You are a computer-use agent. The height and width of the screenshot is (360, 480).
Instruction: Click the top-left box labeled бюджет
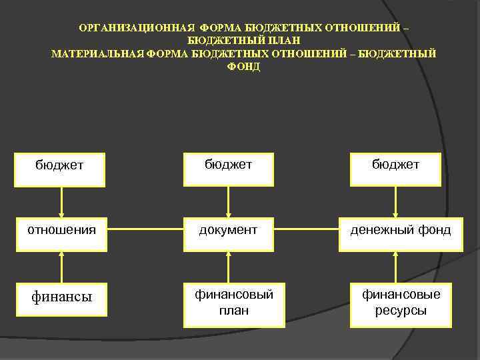[61, 164]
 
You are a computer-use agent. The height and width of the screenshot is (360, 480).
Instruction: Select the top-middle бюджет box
[229, 164]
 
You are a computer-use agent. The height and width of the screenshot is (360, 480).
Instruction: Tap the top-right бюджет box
[396, 164]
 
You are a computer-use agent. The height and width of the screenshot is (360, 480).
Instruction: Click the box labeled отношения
[61, 230]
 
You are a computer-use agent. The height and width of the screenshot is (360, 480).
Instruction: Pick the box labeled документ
[229, 230]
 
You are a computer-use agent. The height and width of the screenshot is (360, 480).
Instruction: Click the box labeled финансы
[61, 297]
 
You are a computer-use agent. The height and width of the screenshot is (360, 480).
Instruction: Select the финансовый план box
[229, 303]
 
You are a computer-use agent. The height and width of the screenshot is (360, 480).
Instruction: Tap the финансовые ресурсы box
[396, 303]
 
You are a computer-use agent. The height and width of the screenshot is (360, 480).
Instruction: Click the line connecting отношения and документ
[145, 231]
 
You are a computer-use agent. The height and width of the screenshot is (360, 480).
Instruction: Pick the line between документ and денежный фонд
[307, 231]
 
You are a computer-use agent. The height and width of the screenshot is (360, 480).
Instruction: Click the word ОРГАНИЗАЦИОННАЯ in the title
[136, 29]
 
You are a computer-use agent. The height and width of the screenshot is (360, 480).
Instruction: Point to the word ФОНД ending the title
[244, 67]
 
